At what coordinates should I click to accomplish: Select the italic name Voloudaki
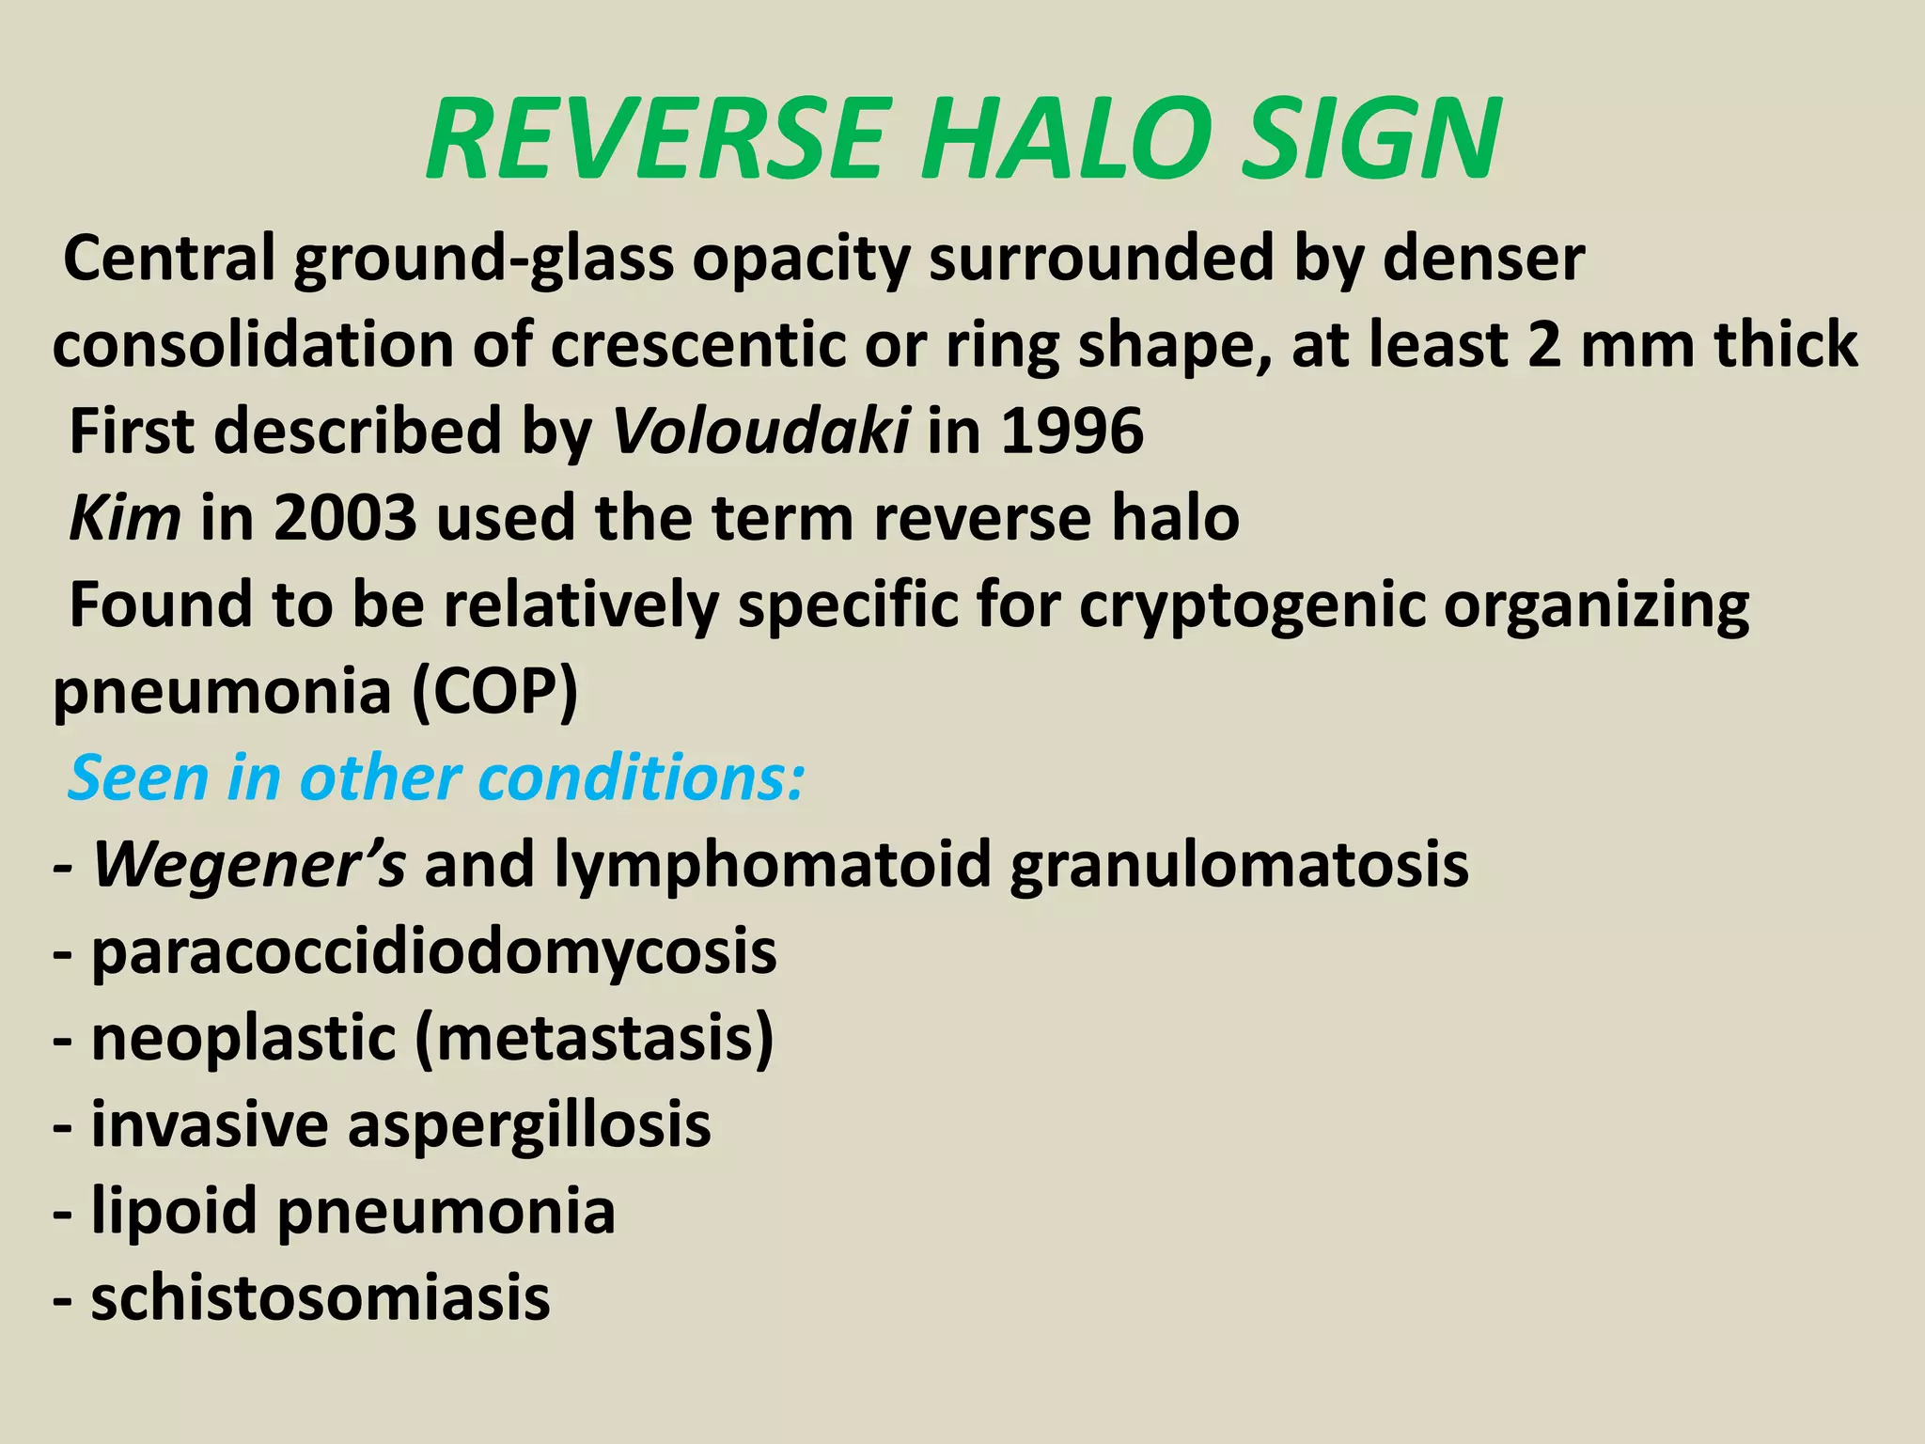760,432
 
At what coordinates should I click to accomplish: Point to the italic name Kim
125,518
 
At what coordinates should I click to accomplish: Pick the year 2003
345,518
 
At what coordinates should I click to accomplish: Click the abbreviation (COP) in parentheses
494,692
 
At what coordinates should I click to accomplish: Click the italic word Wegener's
250,864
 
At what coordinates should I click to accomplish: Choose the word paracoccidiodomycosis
434,951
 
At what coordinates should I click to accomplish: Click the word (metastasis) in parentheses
593,1038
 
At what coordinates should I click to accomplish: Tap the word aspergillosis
529,1124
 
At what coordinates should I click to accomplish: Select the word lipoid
174,1211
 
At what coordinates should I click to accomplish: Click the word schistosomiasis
321,1298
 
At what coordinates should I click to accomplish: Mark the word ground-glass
484,259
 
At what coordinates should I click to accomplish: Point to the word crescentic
697,345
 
